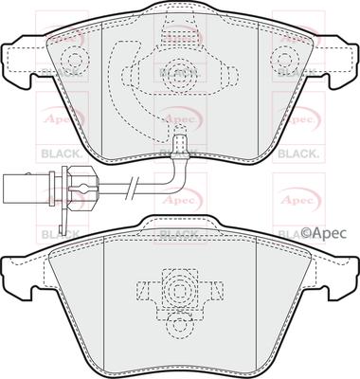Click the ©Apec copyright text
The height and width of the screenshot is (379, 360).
[326, 230]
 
